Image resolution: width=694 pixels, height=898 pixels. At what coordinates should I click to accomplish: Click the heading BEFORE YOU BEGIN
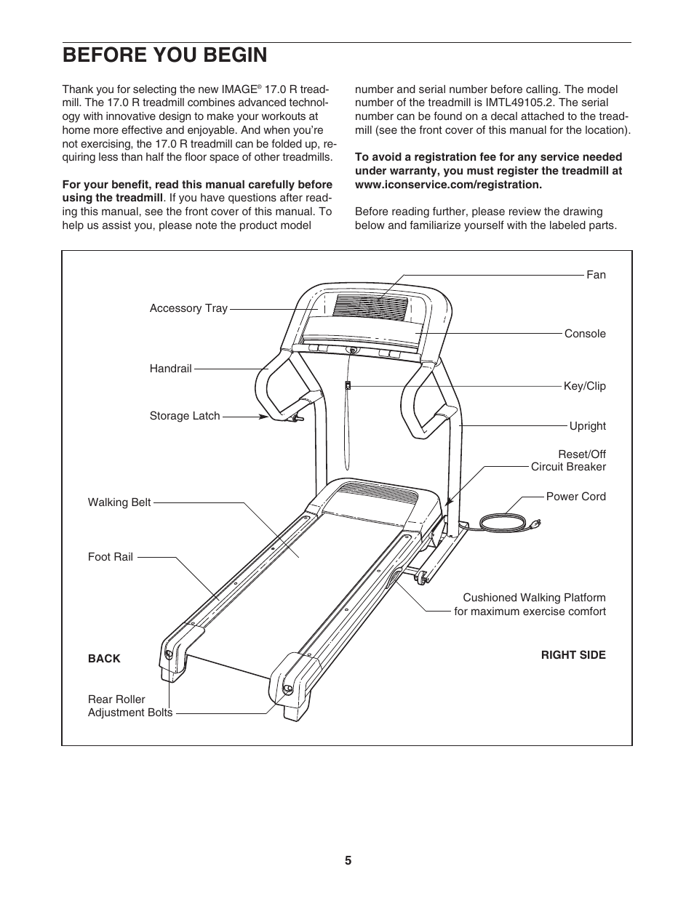click(x=164, y=55)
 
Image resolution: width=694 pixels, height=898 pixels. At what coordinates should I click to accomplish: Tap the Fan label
click(x=596, y=275)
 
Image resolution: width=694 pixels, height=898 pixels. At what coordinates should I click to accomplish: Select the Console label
click(x=585, y=334)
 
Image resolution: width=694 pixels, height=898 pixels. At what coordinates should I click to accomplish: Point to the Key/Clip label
click(x=584, y=386)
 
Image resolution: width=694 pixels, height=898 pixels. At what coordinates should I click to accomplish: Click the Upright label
click(x=587, y=426)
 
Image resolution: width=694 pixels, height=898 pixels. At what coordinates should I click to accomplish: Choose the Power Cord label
click(x=575, y=497)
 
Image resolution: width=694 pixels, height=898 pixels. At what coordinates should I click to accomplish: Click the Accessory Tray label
click(x=188, y=308)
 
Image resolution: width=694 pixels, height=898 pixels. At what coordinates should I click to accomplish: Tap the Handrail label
click(x=170, y=369)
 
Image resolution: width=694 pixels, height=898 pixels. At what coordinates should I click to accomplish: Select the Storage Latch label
click(x=185, y=416)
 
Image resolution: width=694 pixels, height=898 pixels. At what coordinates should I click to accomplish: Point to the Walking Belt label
click(x=119, y=502)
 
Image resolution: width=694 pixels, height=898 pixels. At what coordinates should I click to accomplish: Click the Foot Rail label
click(x=111, y=557)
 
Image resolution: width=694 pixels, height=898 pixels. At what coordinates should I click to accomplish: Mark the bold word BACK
click(x=104, y=659)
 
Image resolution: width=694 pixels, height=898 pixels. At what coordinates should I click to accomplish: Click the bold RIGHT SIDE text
click(x=573, y=655)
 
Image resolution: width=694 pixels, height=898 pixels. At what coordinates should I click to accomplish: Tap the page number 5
click(x=348, y=861)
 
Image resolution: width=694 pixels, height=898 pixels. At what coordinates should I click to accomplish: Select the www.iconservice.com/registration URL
click(x=448, y=184)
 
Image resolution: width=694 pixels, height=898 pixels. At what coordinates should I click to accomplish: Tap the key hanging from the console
click(x=348, y=385)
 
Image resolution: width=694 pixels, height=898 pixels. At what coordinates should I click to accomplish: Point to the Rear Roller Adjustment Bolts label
click(x=130, y=706)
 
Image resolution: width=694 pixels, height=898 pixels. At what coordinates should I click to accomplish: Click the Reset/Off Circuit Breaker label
click(x=568, y=460)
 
